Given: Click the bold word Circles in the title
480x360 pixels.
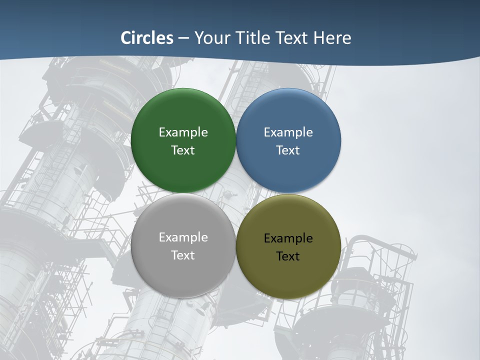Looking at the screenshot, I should point(147,38).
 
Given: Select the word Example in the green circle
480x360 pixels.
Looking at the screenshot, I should point(183,132).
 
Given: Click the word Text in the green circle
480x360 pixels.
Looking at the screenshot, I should point(183,150).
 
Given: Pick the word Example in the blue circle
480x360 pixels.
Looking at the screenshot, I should point(288,132).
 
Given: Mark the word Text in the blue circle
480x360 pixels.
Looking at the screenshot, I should point(288,150).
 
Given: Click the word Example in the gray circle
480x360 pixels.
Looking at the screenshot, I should point(183,237).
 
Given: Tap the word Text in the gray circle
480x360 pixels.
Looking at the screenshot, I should point(183,255).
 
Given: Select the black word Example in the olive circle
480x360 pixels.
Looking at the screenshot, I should point(288,238).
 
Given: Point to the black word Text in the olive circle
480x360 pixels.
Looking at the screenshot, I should point(288,256).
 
